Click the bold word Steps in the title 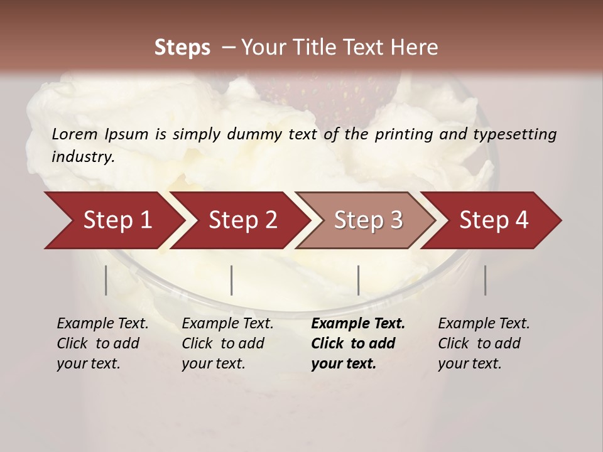tap(182, 47)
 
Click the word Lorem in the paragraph tap(74, 134)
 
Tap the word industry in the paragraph tap(82, 156)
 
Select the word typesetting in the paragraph tap(514, 134)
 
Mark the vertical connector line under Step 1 tap(106, 280)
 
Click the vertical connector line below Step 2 tap(232, 280)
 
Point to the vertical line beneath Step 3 tap(358, 280)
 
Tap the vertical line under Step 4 tap(485, 280)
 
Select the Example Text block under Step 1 tap(102, 343)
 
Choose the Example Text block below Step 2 tap(227, 343)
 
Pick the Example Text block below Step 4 tap(484, 343)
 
